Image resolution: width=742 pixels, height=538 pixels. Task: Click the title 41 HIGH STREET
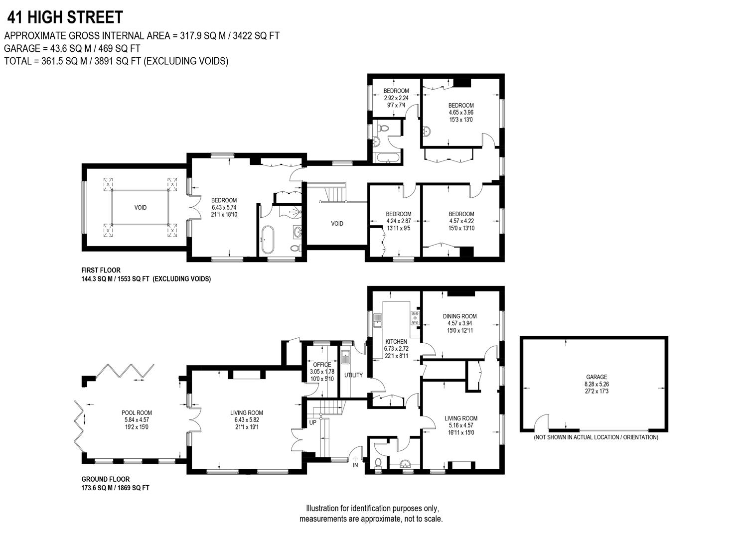[65, 17]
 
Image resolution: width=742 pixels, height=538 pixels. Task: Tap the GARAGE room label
[596, 377]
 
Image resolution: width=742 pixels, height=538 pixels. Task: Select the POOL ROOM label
[137, 412]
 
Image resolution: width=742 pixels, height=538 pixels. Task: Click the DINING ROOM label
[459, 316]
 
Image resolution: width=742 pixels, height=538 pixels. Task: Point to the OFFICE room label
[321, 365]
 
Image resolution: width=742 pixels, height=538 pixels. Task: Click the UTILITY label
[353, 375]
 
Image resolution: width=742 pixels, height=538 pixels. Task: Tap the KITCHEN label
[396, 342]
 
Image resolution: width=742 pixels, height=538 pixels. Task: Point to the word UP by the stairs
[313, 422]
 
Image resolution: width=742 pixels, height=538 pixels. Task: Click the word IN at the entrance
[355, 465]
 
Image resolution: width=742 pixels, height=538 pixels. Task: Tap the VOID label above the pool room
[141, 207]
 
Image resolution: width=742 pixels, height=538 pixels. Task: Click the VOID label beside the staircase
[337, 224]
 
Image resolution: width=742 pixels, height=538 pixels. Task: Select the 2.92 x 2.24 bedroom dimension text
[396, 98]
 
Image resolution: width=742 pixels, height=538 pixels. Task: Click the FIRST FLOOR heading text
[101, 270]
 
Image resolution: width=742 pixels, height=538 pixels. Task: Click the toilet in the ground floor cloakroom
[378, 463]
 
